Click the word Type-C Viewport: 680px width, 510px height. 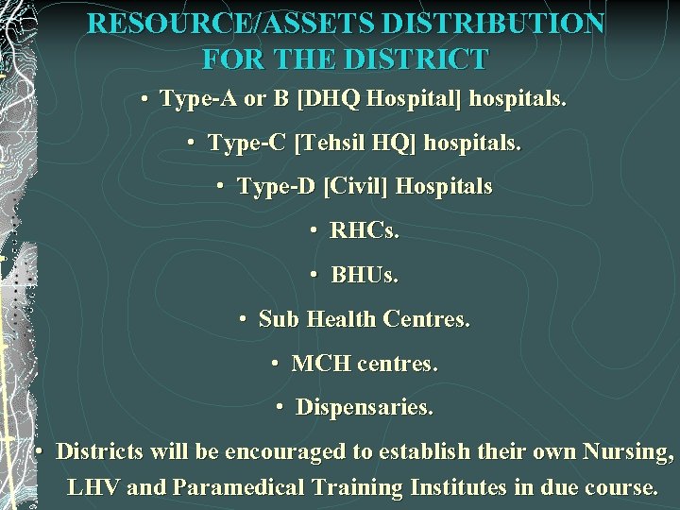coord(246,144)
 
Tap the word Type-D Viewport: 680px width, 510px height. coord(278,187)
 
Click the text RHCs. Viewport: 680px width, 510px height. coord(365,231)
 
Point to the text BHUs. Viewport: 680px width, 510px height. coord(365,276)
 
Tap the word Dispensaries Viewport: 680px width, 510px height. coord(365,408)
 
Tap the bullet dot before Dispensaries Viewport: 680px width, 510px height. coord(280,408)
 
